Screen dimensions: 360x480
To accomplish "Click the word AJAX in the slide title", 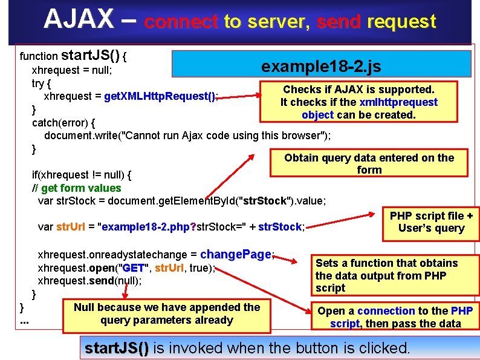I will click(78, 20).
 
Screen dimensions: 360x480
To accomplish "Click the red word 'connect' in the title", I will click(181, 22).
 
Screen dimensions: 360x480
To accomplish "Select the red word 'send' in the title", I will click(338, 22).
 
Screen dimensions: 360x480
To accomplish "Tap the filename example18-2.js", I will click(321, 66).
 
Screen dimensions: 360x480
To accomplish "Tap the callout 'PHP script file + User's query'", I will click(431, 222).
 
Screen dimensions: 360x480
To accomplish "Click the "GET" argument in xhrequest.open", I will click(134, 268).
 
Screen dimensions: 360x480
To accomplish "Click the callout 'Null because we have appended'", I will click(166, 313).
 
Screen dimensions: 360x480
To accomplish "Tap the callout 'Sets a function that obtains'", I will click(386, 275).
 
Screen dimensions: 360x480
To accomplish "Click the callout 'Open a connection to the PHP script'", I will click(395, 317).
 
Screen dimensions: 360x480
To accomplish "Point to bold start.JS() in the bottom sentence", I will click(116, 348).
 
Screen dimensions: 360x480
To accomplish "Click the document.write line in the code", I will click(187, 134).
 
